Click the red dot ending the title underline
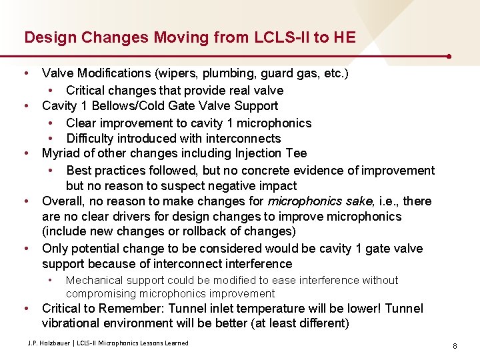[x=451, y=56]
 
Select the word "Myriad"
[x=61, y=154]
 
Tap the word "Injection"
[x=241, y=154]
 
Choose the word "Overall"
[x=63, y=201]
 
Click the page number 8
[x=454, y=346]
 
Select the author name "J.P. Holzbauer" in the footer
[x=50, y=343]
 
